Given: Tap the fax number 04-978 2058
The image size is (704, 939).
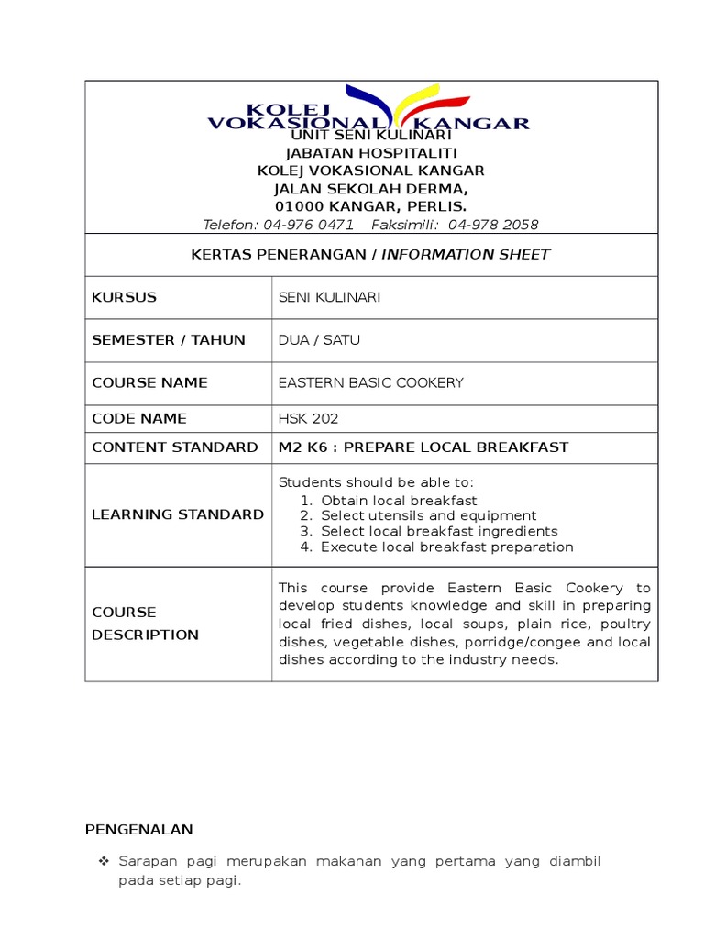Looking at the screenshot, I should tap(494, 225).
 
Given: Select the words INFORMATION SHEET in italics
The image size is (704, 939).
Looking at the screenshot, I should tap(466, 254).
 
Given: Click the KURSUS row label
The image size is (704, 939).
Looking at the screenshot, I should tap(125, 297).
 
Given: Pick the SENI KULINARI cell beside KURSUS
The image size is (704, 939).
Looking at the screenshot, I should tap(329, 297).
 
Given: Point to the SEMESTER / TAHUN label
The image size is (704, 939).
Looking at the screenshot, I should tap(169, 340).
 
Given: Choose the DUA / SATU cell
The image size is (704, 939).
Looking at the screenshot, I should tap(319, 340).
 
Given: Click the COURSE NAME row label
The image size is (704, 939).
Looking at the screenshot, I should tap(149, 382).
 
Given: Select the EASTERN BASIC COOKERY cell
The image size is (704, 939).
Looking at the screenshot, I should tap(371, 382).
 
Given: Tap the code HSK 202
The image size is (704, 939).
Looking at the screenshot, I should tap(309, 418).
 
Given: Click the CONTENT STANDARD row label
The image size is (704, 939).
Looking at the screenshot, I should tap(174, 447).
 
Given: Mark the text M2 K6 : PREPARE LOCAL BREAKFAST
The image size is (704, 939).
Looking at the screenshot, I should tap(423, 447).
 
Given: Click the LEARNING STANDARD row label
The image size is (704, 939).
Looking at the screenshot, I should tap(178, 514).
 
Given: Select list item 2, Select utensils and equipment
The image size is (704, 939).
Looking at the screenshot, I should tap(428, 515).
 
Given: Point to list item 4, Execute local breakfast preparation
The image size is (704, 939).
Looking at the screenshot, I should tap(446, 547).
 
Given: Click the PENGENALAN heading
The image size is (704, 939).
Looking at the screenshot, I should tap(139, 830).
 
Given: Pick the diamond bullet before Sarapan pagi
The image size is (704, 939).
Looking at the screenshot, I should tap(103, 863).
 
